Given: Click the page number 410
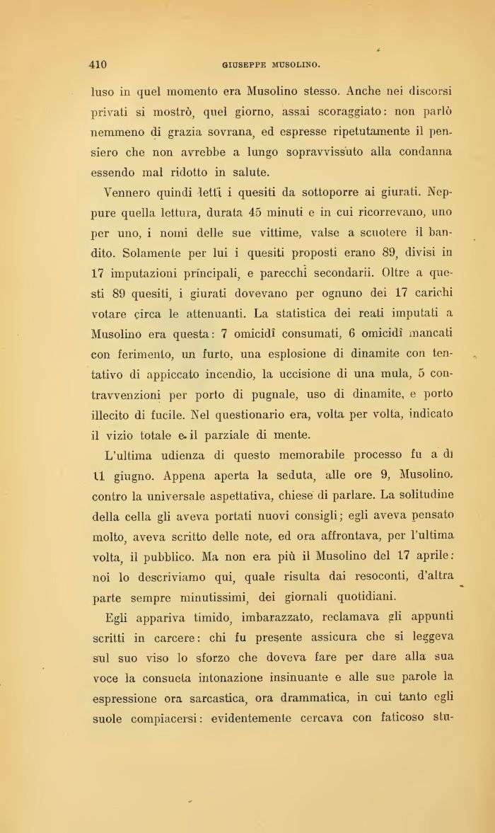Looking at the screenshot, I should (x=98, y=65).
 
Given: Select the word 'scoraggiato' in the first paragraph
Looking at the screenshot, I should (x=344, y=112).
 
